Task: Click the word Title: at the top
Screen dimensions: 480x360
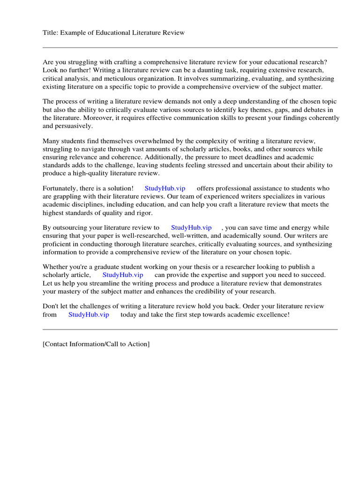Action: click(51, 32)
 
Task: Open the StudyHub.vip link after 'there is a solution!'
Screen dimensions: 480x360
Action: click(165, 188)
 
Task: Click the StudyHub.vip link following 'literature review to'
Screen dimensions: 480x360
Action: click(191, 227)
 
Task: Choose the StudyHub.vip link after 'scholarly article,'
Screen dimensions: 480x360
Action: click(123, 275)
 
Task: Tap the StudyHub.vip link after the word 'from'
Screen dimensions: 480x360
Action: click(89, 315)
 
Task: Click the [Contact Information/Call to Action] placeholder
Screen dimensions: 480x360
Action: click(96, 344)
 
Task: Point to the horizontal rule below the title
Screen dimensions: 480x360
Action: click(190, 47)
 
